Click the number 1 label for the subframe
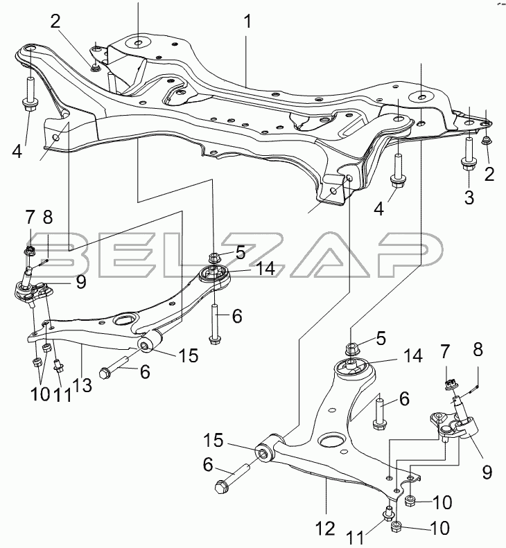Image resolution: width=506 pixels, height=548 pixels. tap(247, 21)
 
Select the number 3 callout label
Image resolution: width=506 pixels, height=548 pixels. tap(469, 197)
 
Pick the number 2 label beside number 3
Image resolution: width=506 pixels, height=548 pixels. tap(489, 175)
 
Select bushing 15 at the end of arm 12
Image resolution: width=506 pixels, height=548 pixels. tap(264, 454)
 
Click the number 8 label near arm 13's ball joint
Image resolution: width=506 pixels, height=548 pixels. tap(47, 218)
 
